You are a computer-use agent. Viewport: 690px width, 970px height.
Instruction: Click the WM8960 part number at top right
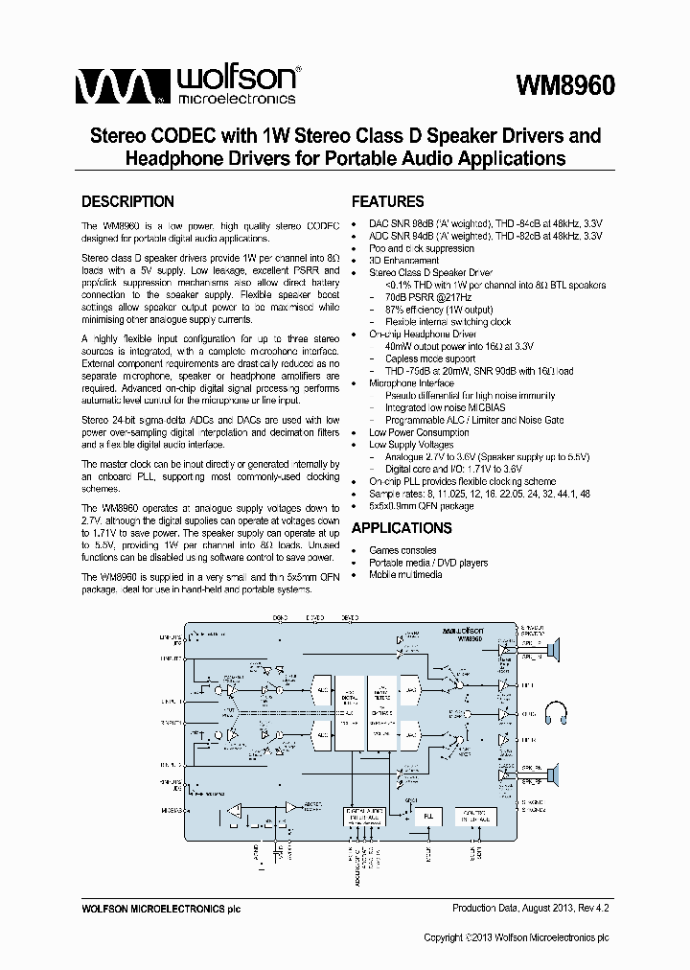point(564,85)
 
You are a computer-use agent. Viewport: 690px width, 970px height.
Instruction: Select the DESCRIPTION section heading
point(127,202)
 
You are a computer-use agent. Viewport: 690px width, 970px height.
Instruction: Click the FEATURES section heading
point(387,202)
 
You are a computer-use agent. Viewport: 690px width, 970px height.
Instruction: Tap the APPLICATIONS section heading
point(402,528)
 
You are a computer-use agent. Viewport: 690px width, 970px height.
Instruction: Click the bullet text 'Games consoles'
point(403,551)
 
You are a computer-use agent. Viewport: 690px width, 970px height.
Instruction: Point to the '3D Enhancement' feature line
point(403,261)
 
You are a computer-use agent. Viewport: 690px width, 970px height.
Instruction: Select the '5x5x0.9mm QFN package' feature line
point(421,506)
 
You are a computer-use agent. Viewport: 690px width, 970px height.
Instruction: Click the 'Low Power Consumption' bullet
point(419,432)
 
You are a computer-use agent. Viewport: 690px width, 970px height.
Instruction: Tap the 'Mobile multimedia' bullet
point(405,575)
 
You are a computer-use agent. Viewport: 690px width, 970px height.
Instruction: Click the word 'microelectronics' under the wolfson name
point(235,98)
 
